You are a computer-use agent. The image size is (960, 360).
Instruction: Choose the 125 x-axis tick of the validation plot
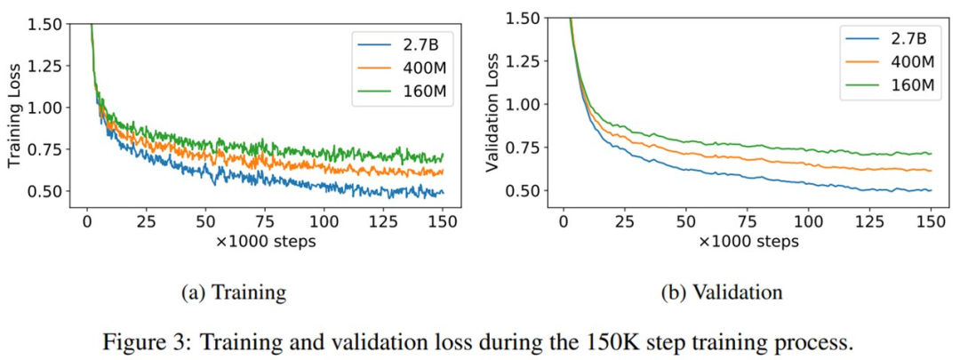coord(870,220)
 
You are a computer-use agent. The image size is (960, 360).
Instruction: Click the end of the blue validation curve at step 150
coord(930,190)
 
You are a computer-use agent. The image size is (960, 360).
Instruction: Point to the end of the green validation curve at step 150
coord(930,154)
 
